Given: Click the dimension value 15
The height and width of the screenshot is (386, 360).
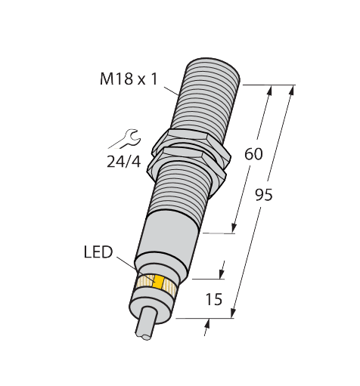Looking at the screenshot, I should (213, 299).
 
